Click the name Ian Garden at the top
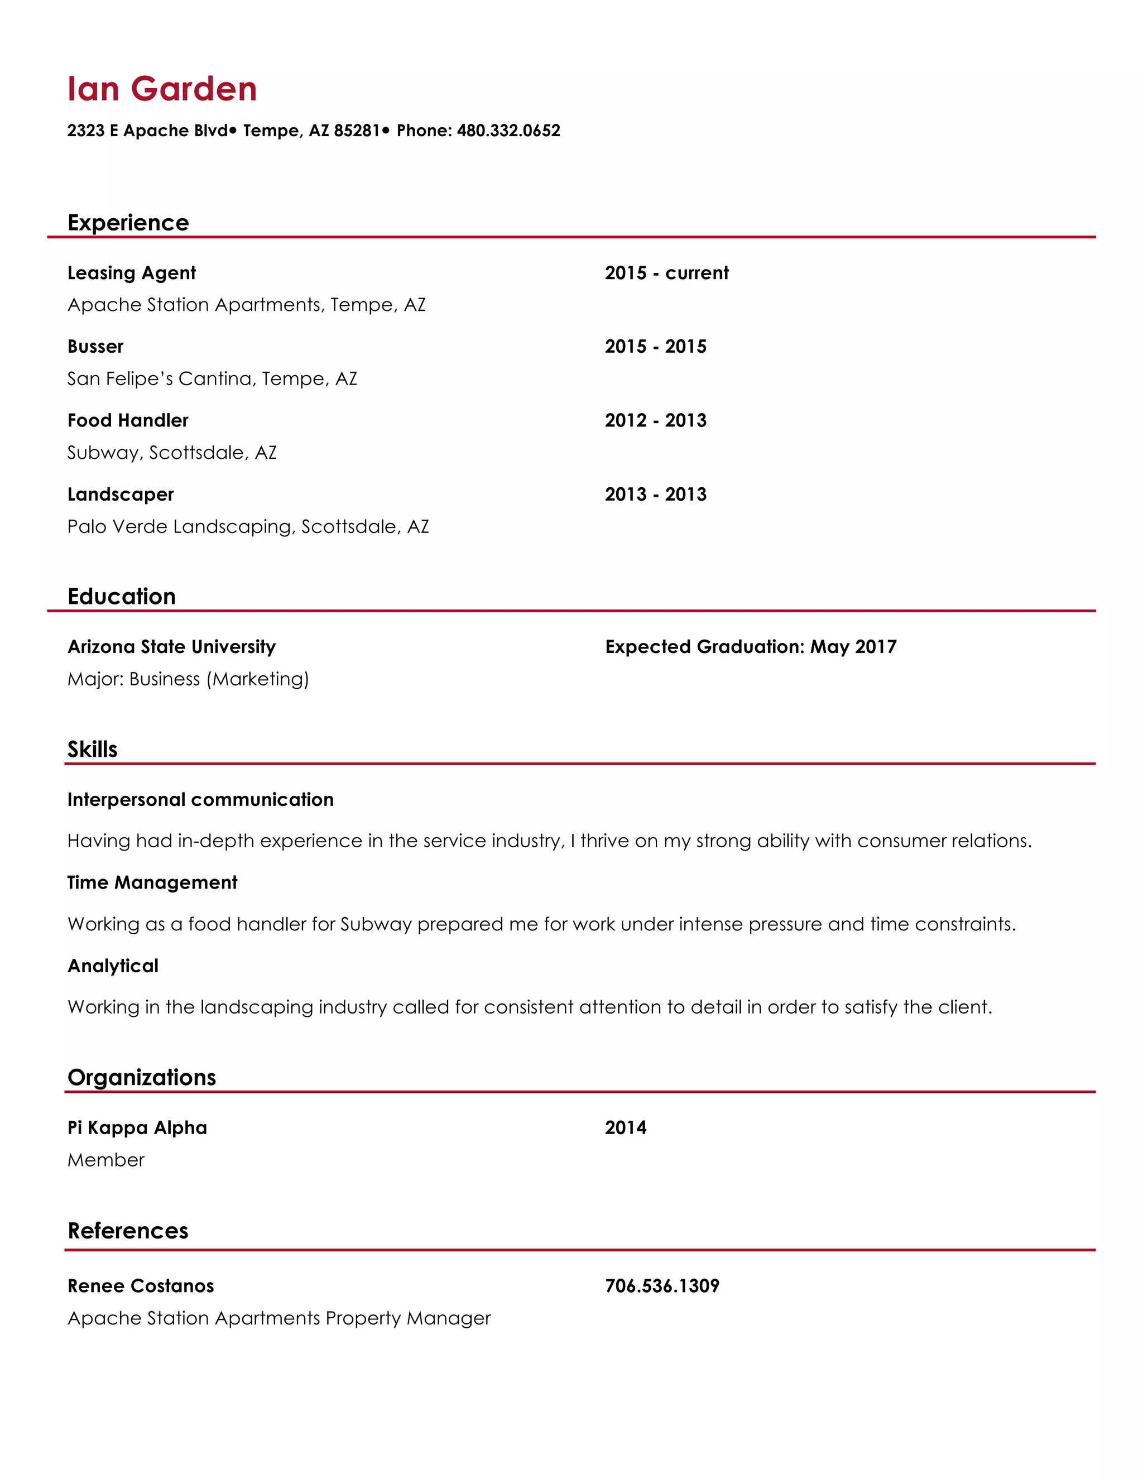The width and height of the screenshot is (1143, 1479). pyautogui.click(x=162, y=89)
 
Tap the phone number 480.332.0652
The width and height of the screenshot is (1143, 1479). pyautogui.click(x=508, y=131)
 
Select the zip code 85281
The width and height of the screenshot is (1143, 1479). pyautogui.click(x=357, y=131)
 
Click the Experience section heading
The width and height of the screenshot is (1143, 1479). pyautogui.click(x=128, y=223)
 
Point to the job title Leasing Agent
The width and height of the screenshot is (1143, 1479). pyautogui.click(x=131, y=273)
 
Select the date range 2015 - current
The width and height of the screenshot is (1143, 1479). pyautogui.click(x=666, y=273)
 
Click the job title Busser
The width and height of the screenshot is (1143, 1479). pyautogui.click(x=95, y=347)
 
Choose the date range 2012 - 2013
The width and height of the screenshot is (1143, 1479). pyautogui.click(x=655, y=421)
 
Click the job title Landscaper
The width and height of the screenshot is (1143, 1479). pyautogui.click(x=121, y=494)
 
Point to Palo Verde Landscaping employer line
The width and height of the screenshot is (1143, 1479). pyautogui.click(x=248, y=527)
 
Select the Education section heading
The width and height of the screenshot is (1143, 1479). pyautogui.click(x=122, y=597)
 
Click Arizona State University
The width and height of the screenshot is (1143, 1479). pyautogui.click(x=171, y=647)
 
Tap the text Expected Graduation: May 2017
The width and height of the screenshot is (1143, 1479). pyautogui.click(x=750, y=647)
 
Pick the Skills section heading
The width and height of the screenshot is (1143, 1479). pyautogui.click(x=92, y=750)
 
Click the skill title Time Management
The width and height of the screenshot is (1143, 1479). pyautogui.click(x=152, y=882)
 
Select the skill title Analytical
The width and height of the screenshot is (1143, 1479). pyautogui.click(x=113, y=966)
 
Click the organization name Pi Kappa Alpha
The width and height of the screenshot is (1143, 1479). pyautogui.click(x=137, y=1127)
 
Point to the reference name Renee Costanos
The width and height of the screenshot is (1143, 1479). pyautogui.click(x=141, y=1286)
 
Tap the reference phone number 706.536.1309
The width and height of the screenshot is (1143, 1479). pyautogui.click(x=661, y=1286)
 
